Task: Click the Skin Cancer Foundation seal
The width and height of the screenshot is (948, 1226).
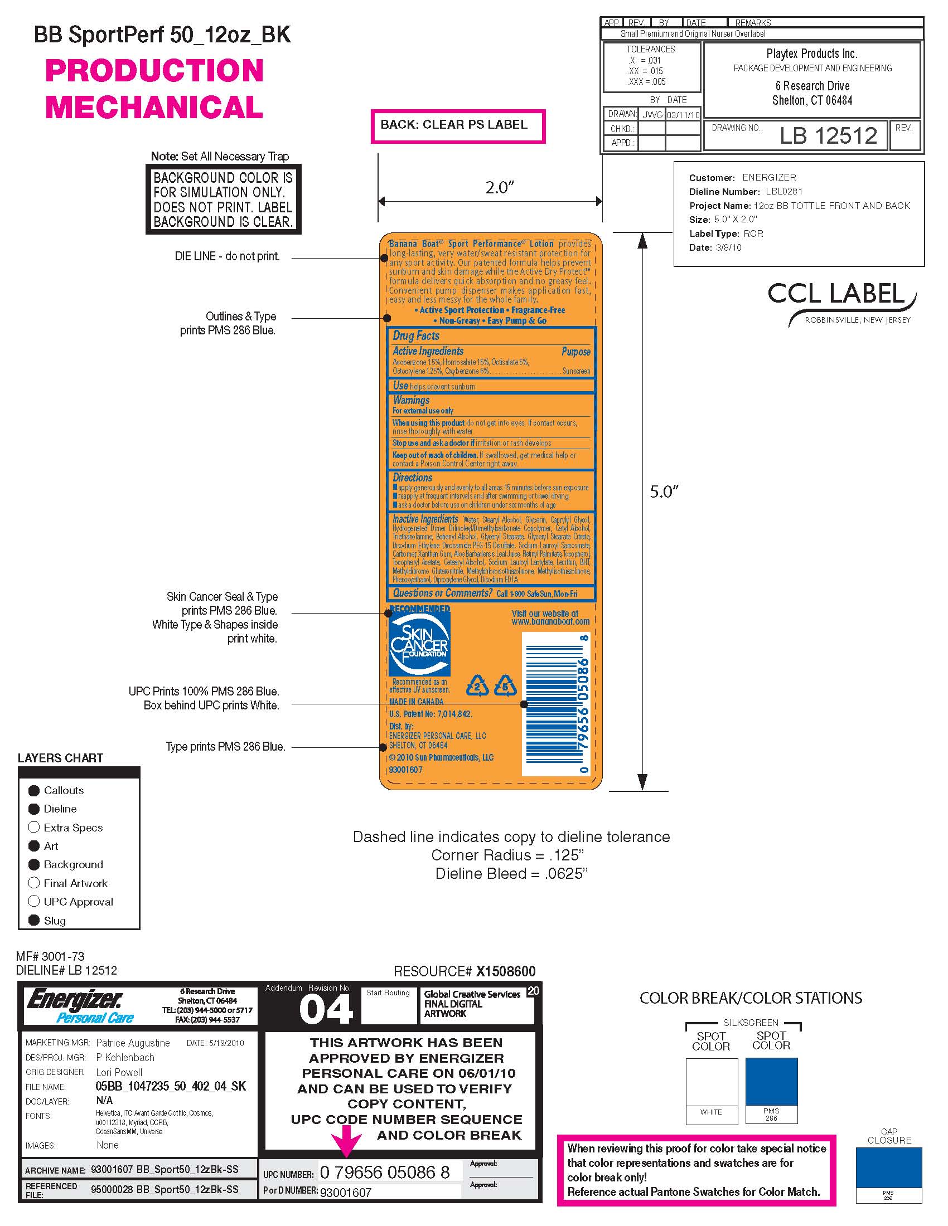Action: [419, 644]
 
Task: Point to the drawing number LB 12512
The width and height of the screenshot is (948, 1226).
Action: [828, 136]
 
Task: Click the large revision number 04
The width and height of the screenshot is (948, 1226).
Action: [326, 1010]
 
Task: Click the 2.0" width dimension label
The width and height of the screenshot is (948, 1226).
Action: [499, 187]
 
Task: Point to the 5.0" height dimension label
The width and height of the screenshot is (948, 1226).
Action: [664, 492]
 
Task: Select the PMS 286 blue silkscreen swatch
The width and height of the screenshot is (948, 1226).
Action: [771, 1081]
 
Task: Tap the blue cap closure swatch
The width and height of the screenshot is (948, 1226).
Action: [888, 1167]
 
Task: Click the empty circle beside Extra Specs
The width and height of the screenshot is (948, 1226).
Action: [34, 828]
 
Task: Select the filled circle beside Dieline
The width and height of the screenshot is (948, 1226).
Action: [34, 809]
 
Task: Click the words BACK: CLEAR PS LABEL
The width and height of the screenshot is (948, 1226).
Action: [454, 125]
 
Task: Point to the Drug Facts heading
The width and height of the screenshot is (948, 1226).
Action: [416, 335]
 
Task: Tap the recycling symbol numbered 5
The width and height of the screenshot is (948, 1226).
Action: [505, 685]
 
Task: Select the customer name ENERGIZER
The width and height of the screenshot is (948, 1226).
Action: [769, 177]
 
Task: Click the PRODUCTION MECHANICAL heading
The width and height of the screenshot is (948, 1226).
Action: [154, 89]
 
